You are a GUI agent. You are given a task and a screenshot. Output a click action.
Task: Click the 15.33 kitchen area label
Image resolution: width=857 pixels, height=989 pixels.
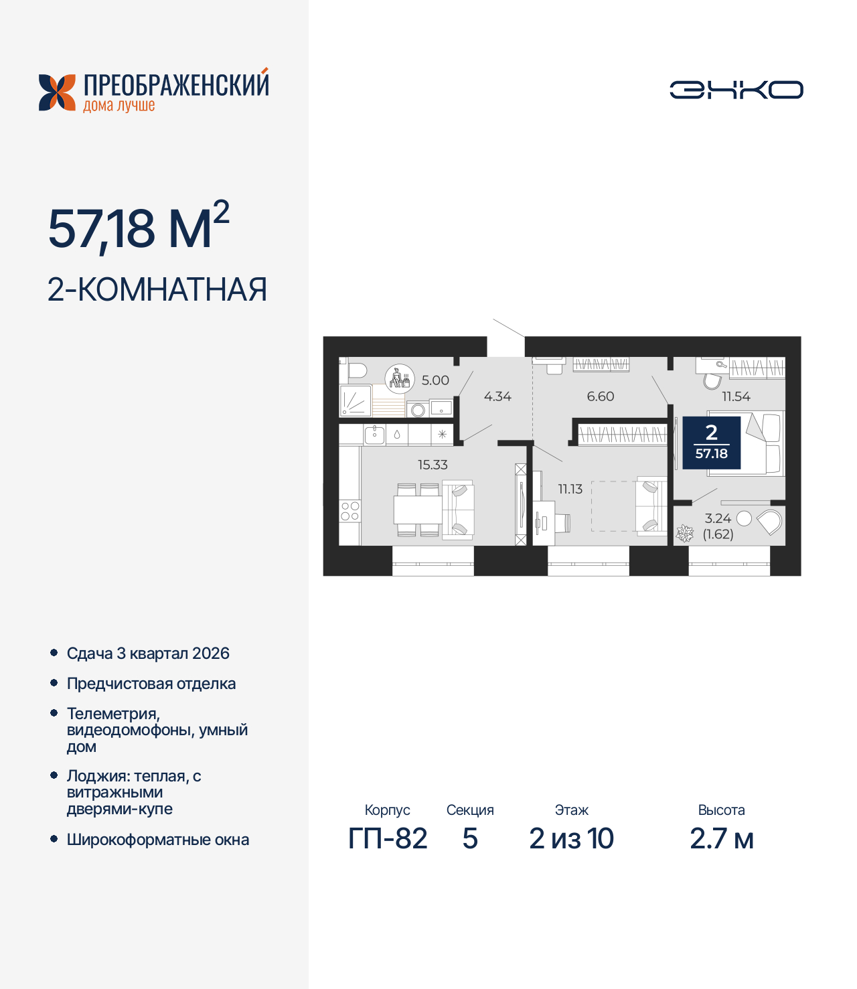point(433,465)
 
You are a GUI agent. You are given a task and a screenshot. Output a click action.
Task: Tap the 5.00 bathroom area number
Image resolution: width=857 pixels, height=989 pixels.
point(435,380)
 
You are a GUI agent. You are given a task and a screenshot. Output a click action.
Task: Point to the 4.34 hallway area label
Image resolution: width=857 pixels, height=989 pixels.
point(497,396)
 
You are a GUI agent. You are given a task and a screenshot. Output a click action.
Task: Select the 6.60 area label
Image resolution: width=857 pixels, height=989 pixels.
point(601,396)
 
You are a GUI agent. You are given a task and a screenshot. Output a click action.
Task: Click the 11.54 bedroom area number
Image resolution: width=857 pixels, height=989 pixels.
point(736,396)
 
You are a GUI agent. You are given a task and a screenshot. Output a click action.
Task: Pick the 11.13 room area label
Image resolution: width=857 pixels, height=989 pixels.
point(570,489)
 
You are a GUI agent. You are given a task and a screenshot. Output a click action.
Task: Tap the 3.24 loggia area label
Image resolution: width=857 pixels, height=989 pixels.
point(718,518)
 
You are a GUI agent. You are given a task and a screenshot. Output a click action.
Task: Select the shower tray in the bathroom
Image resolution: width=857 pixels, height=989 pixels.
point(356,400)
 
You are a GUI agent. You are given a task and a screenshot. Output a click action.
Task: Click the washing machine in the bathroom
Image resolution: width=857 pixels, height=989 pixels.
point(418,409)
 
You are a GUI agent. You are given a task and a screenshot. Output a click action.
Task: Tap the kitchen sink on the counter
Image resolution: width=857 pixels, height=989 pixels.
point(374,435)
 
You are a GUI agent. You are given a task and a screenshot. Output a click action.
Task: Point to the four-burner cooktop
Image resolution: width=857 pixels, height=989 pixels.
point(349,512)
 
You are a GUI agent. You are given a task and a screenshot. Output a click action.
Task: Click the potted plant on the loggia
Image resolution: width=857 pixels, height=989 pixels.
point(684,534)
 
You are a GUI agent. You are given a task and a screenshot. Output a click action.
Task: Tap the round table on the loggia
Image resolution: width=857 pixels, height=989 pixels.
point(744,518)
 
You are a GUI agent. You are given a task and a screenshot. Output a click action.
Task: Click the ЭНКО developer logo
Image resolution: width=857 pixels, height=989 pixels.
point(736,90)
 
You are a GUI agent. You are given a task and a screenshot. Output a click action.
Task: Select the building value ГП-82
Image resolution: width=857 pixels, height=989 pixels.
point(388,838)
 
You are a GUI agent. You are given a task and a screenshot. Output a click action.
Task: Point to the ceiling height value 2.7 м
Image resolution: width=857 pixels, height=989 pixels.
point(721,838)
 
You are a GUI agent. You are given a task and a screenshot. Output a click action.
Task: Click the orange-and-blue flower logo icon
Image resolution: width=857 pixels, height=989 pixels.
point(58,92)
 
